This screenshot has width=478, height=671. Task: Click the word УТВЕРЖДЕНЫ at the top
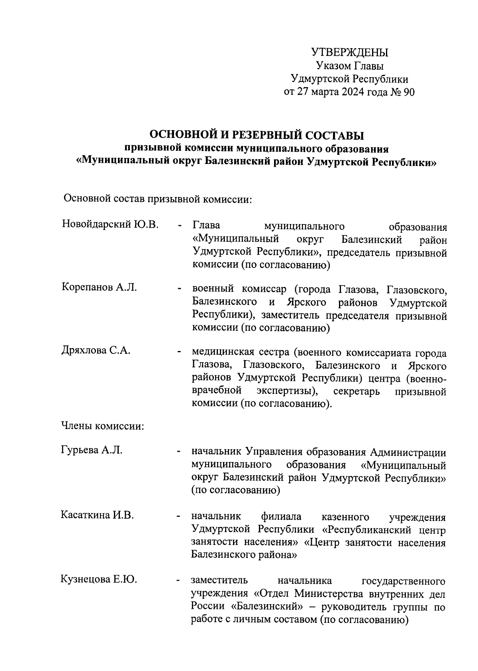(349, 52)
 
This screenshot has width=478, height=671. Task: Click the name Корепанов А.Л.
(99, 287)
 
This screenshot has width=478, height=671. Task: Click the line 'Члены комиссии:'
(102, 426)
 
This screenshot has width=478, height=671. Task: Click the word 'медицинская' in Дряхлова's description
(223, 353)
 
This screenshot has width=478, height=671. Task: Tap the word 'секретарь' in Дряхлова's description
(356, 391)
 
